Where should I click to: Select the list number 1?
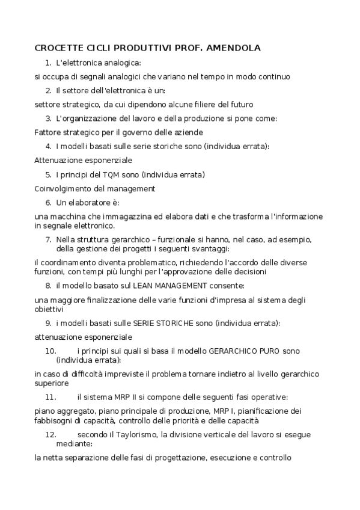coord(47,63)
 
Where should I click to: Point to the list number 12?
coord(50,434)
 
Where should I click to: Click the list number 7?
coord(47,239)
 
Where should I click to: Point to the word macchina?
coord(66,216)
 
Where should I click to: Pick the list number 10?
coord(50,350)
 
